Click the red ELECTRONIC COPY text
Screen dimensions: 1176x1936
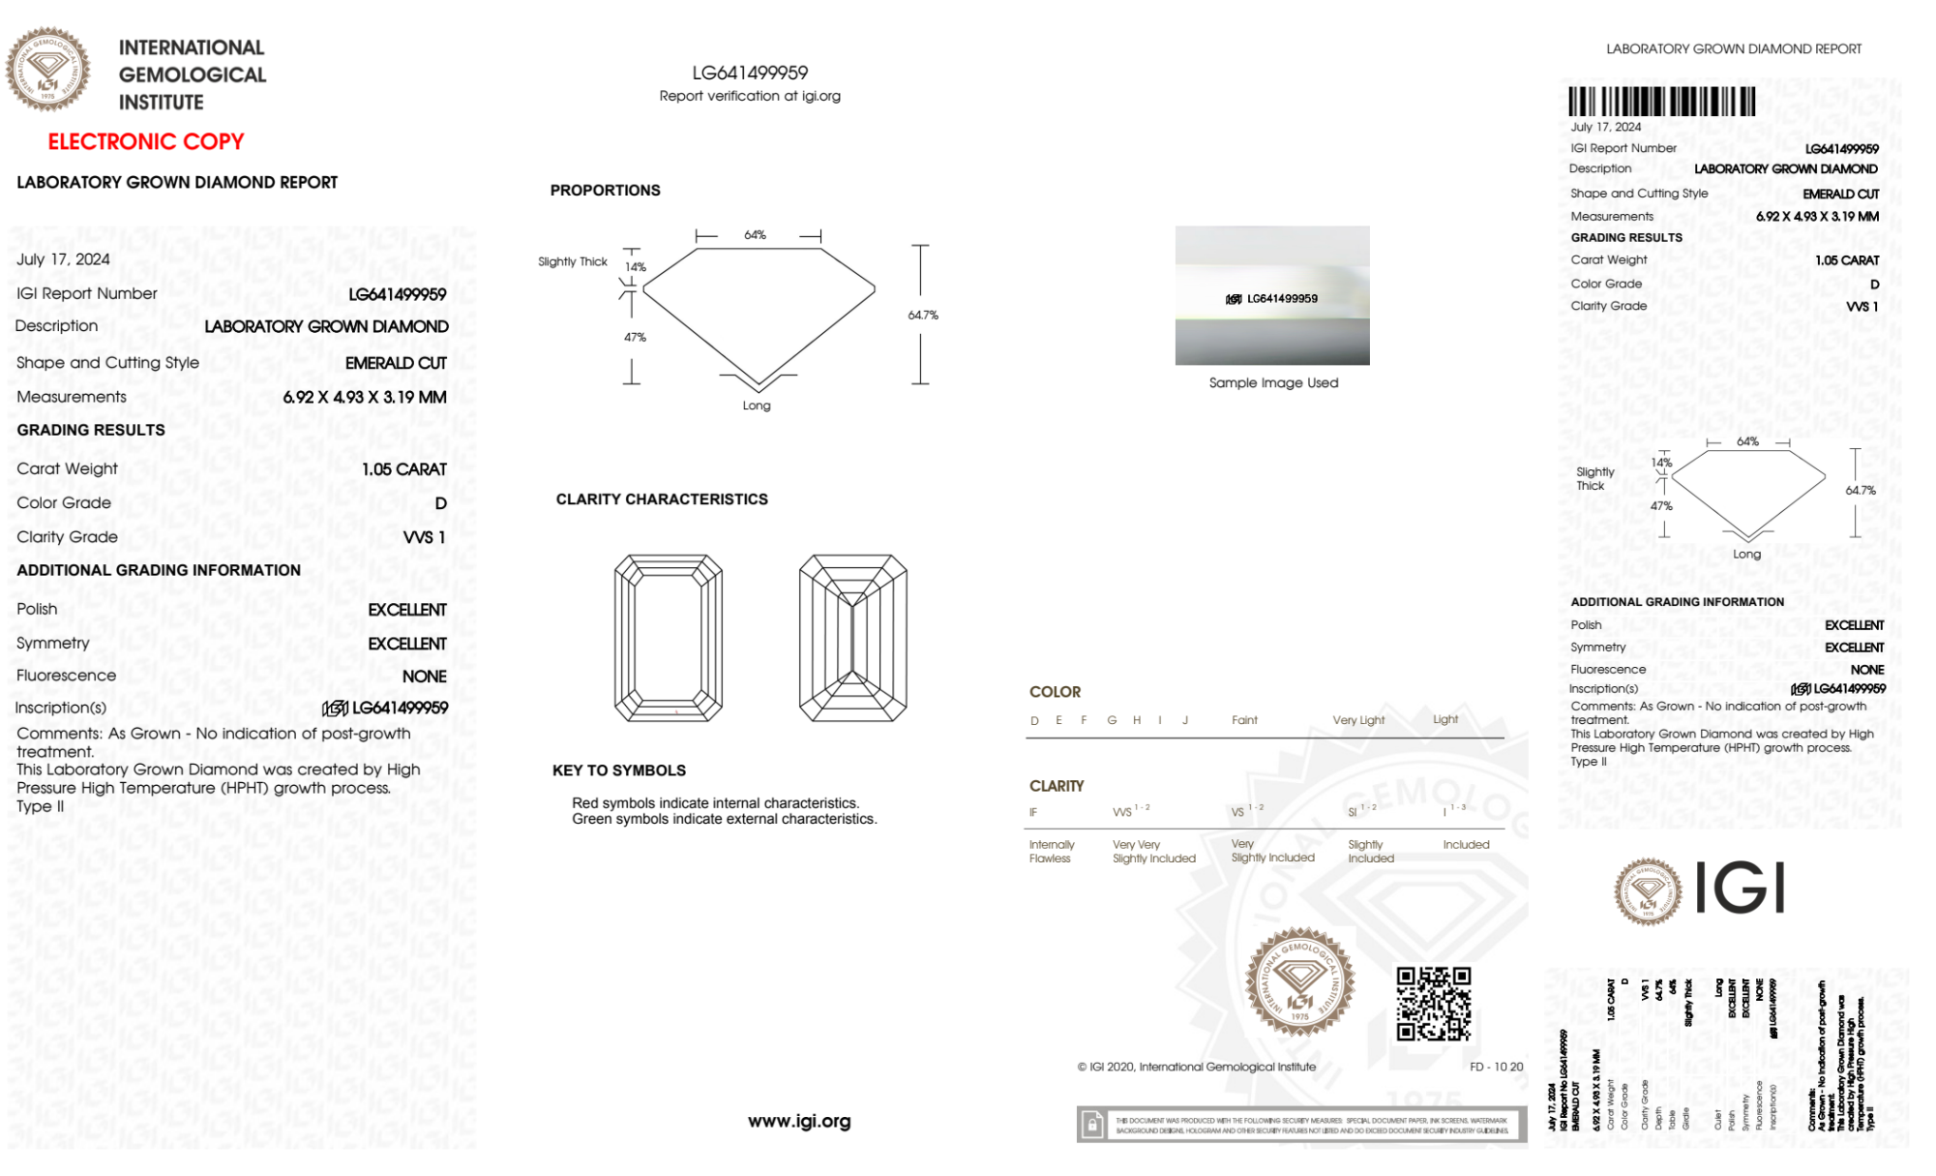(146, 142)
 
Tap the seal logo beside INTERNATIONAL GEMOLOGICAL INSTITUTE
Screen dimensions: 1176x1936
(48, 70)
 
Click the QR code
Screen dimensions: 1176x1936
(1433, 1003)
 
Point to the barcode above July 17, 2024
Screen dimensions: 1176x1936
(1661, 102)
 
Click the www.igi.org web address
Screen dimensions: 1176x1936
(799, 1121)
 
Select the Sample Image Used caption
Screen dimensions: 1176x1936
(1273, 383)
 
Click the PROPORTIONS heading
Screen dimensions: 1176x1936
(605, 191)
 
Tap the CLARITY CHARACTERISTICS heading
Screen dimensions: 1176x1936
(662, 499)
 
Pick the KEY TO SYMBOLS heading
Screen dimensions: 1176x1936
(619, 770)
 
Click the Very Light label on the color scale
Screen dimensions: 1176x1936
(1358, 720)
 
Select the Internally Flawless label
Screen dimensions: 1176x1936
(1051, 852)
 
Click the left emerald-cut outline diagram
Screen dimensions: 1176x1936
(669, 638)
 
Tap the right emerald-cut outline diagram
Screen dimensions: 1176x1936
(852, 638)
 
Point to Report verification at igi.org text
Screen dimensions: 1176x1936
(750, 96)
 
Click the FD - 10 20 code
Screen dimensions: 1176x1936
(1496, 1067)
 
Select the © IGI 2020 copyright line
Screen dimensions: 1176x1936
(1197, 1067)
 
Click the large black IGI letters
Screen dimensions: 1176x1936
(1741, 888)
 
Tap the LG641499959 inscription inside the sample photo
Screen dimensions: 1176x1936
(1273, 299)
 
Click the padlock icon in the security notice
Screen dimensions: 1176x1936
(1092, 1125)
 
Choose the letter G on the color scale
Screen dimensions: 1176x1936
(1112, 720)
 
